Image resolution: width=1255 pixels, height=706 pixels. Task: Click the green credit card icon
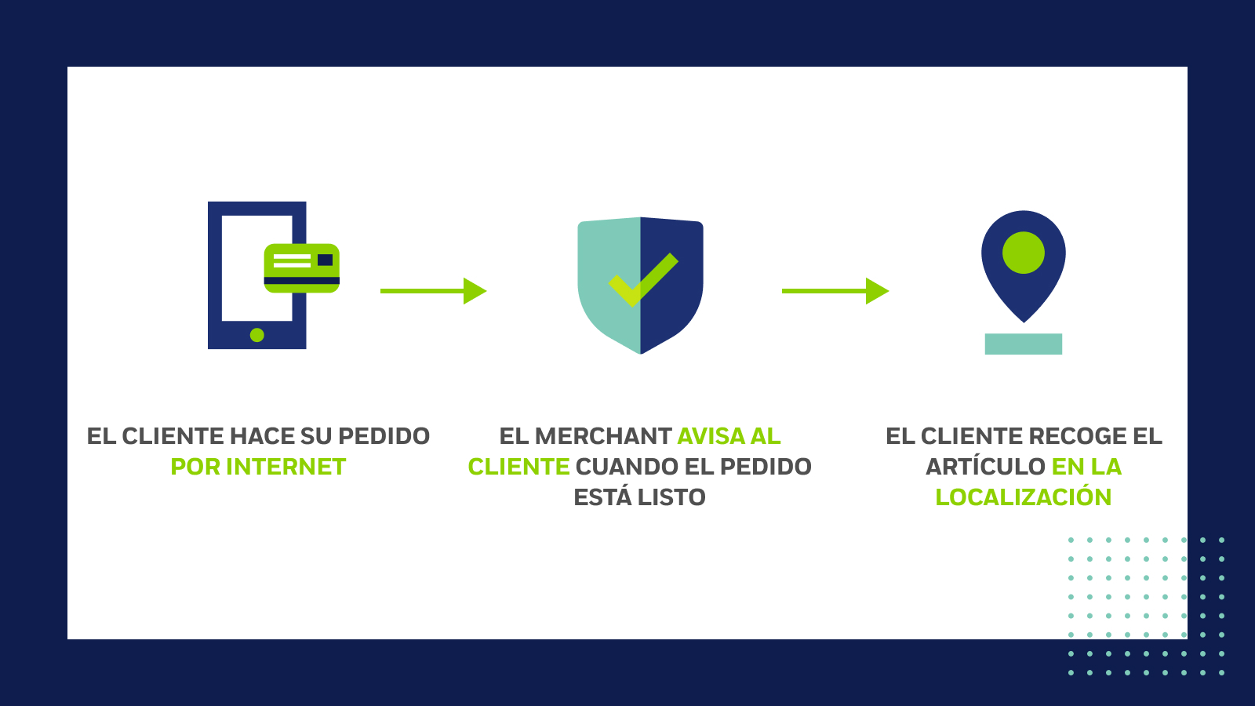tap(302, 267)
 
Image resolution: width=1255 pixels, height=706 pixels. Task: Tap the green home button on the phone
tap(256, 335)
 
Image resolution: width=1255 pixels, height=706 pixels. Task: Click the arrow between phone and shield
tap(433, 291)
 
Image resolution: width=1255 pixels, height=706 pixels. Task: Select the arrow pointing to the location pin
tap(835, 291)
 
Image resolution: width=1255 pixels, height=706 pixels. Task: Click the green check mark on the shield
tap(643, 279)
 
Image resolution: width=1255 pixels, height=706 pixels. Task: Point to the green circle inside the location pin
tap(1024, 253)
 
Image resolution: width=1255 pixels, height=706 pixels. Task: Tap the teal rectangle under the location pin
tap(1024, 344)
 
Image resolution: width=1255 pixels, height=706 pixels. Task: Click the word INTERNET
tap(286, 467)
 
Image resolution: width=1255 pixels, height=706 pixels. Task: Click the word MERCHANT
tap(602, 436)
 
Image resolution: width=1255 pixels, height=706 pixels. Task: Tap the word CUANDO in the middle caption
tap(627, 467)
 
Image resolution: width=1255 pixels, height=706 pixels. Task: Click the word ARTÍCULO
tap(985, 467)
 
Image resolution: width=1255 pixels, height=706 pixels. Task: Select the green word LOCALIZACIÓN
tap(1024, 497)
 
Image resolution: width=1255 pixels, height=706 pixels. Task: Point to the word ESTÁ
tap(602, 497)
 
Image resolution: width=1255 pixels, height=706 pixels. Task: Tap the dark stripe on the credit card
tap(302, 280)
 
